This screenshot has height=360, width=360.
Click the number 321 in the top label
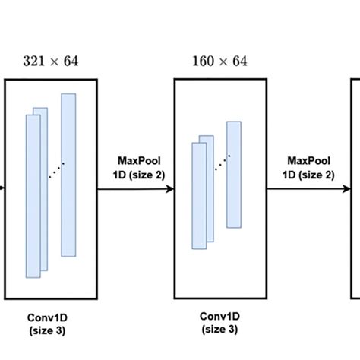32,62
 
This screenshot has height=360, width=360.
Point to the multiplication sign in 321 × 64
54,62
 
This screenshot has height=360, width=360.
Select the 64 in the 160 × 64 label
240,62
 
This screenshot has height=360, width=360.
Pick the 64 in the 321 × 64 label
71,62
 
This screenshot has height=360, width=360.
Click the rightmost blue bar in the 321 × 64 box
68,175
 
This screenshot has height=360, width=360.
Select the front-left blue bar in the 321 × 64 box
33,197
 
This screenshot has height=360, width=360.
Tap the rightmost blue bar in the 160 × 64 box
234,175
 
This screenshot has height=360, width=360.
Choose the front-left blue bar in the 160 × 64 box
199,196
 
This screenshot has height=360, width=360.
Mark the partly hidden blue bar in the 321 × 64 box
44,189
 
